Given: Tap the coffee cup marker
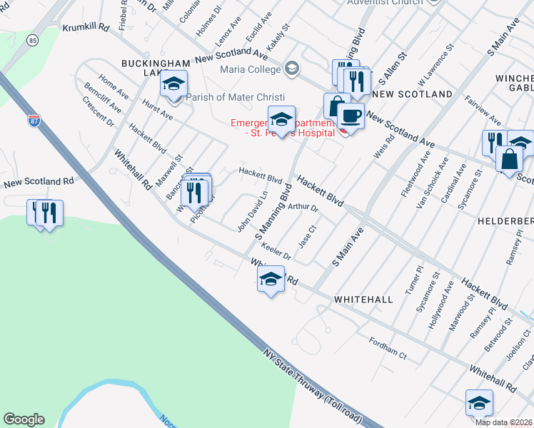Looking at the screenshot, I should [350, 115].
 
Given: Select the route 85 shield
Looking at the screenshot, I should [33, 41].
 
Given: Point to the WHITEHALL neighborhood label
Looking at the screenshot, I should [363, 300].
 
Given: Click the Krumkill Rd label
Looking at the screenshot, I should [86, 27].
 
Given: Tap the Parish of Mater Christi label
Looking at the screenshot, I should [236, 97].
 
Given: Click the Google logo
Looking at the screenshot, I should [24, 419].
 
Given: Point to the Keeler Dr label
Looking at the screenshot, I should [277, 250].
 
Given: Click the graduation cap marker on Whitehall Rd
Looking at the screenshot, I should [271, 279].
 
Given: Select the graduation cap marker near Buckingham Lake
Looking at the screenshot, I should [173, 84].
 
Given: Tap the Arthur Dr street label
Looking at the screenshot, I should [303, 207].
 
